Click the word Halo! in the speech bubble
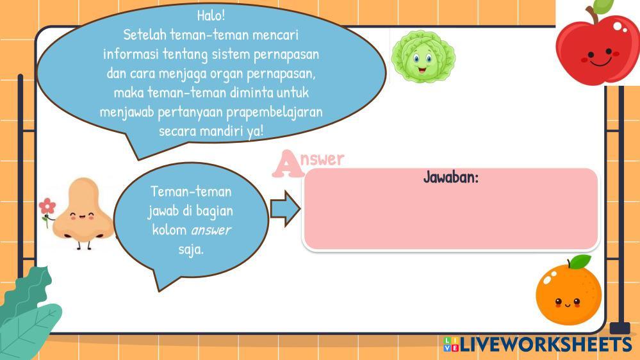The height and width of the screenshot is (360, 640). tap(211, 15)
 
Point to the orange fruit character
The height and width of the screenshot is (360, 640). tap(569, 291)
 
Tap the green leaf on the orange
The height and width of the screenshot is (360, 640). tap(580, 261)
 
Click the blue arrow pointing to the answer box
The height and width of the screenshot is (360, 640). tap(285, 209)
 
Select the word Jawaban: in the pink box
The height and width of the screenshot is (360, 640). tap(450, 177)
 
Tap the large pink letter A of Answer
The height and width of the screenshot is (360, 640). tap(288, 164)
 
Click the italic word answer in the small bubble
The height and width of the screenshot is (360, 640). tap(211, 230)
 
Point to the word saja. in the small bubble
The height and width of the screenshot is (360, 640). tap(191, 250)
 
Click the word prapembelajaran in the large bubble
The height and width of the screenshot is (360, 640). tap(274, 112)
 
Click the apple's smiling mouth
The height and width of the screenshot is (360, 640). tap(600, 62)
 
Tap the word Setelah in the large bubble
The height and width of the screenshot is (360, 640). tap(145, 35)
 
